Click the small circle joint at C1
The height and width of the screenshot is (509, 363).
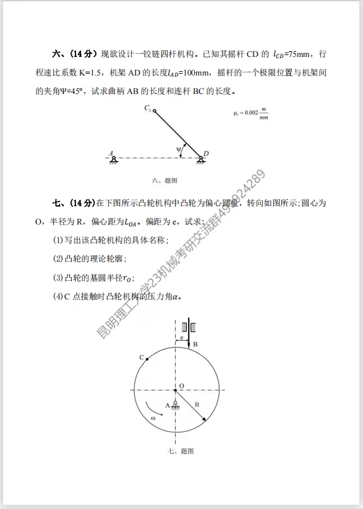pos(155,111)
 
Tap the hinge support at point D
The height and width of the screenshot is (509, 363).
pos(202,158)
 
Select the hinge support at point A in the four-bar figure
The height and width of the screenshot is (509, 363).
pos(114,158)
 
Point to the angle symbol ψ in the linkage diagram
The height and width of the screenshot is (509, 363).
pos(179,149)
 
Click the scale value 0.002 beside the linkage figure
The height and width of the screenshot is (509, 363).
pos(247,113)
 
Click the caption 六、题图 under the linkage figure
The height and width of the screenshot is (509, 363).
pos(164,181)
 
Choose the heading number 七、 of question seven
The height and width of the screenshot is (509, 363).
pos(59,203)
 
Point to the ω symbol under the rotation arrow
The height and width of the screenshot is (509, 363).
pos(152,418)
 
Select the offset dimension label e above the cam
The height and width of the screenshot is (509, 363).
pos(182,337)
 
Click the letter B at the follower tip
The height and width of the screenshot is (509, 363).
pos(195,344)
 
